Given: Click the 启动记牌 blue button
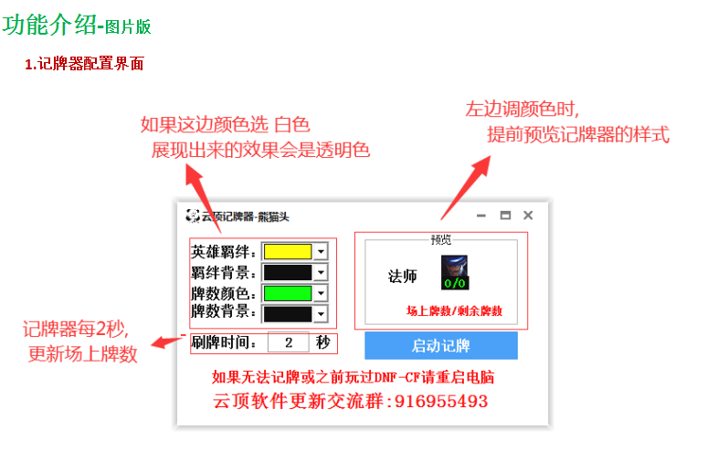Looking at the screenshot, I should (x=440, y=345).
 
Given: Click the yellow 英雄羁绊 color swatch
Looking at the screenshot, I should (x=287, y=251).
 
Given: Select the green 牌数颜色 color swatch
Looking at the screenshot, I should (x=287, y=293).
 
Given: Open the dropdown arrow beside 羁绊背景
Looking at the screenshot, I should (x=321, y=272).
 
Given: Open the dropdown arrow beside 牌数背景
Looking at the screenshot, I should (x=321, y=314).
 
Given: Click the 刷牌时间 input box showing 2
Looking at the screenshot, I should (x=290, y=343).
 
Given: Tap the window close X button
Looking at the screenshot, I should (x=528, y=215).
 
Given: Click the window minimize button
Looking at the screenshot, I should (x=481, y=215).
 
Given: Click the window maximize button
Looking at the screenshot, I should (x=505, y=215).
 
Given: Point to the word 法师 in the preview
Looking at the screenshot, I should (x=402, y=277).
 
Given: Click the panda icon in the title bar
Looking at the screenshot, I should (x=192, y=216).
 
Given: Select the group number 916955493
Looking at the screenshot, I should (x=441, y=402).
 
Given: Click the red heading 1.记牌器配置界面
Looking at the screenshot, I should (x=84, y=64).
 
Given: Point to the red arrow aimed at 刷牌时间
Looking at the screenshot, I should (x=167, y=342).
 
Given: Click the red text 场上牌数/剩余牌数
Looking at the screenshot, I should (x=454, y=311).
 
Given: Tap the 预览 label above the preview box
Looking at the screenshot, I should (x=441, y=240).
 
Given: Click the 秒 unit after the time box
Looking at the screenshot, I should (x=323, y=342).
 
